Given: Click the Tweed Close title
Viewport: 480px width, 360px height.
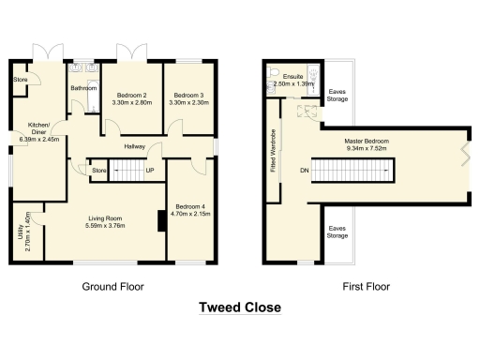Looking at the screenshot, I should point(240,307).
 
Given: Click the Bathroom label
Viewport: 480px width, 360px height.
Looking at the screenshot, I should point(84,89).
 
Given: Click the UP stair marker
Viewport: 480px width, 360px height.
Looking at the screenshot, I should point(149,171).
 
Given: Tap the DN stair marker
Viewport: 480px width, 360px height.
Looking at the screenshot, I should point(304,171).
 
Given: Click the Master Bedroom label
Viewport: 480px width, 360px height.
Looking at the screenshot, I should point(367,142).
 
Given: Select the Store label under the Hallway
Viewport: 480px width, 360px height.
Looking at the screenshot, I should point(99,170).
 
